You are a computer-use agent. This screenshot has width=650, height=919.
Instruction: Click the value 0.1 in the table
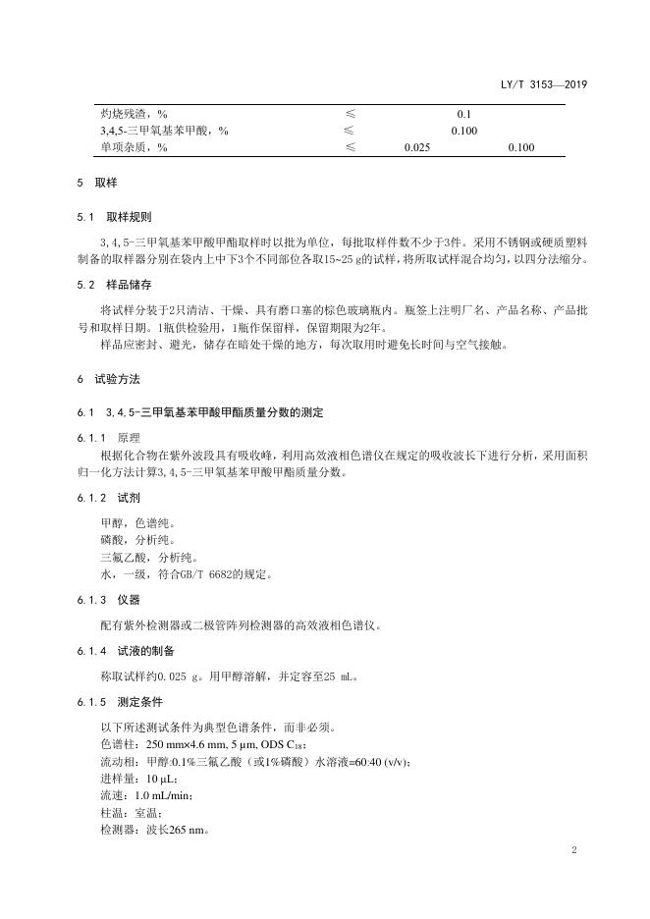coord(464,114)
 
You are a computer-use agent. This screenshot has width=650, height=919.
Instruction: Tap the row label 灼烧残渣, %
coord(134,114)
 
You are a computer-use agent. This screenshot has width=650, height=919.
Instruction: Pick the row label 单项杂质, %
coord(134,147)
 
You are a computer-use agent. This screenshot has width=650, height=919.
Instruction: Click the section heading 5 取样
coord(96,184)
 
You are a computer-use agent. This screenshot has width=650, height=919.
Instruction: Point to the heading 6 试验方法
coord(108,378)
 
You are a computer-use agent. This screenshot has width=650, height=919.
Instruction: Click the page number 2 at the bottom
coord(573,851)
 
